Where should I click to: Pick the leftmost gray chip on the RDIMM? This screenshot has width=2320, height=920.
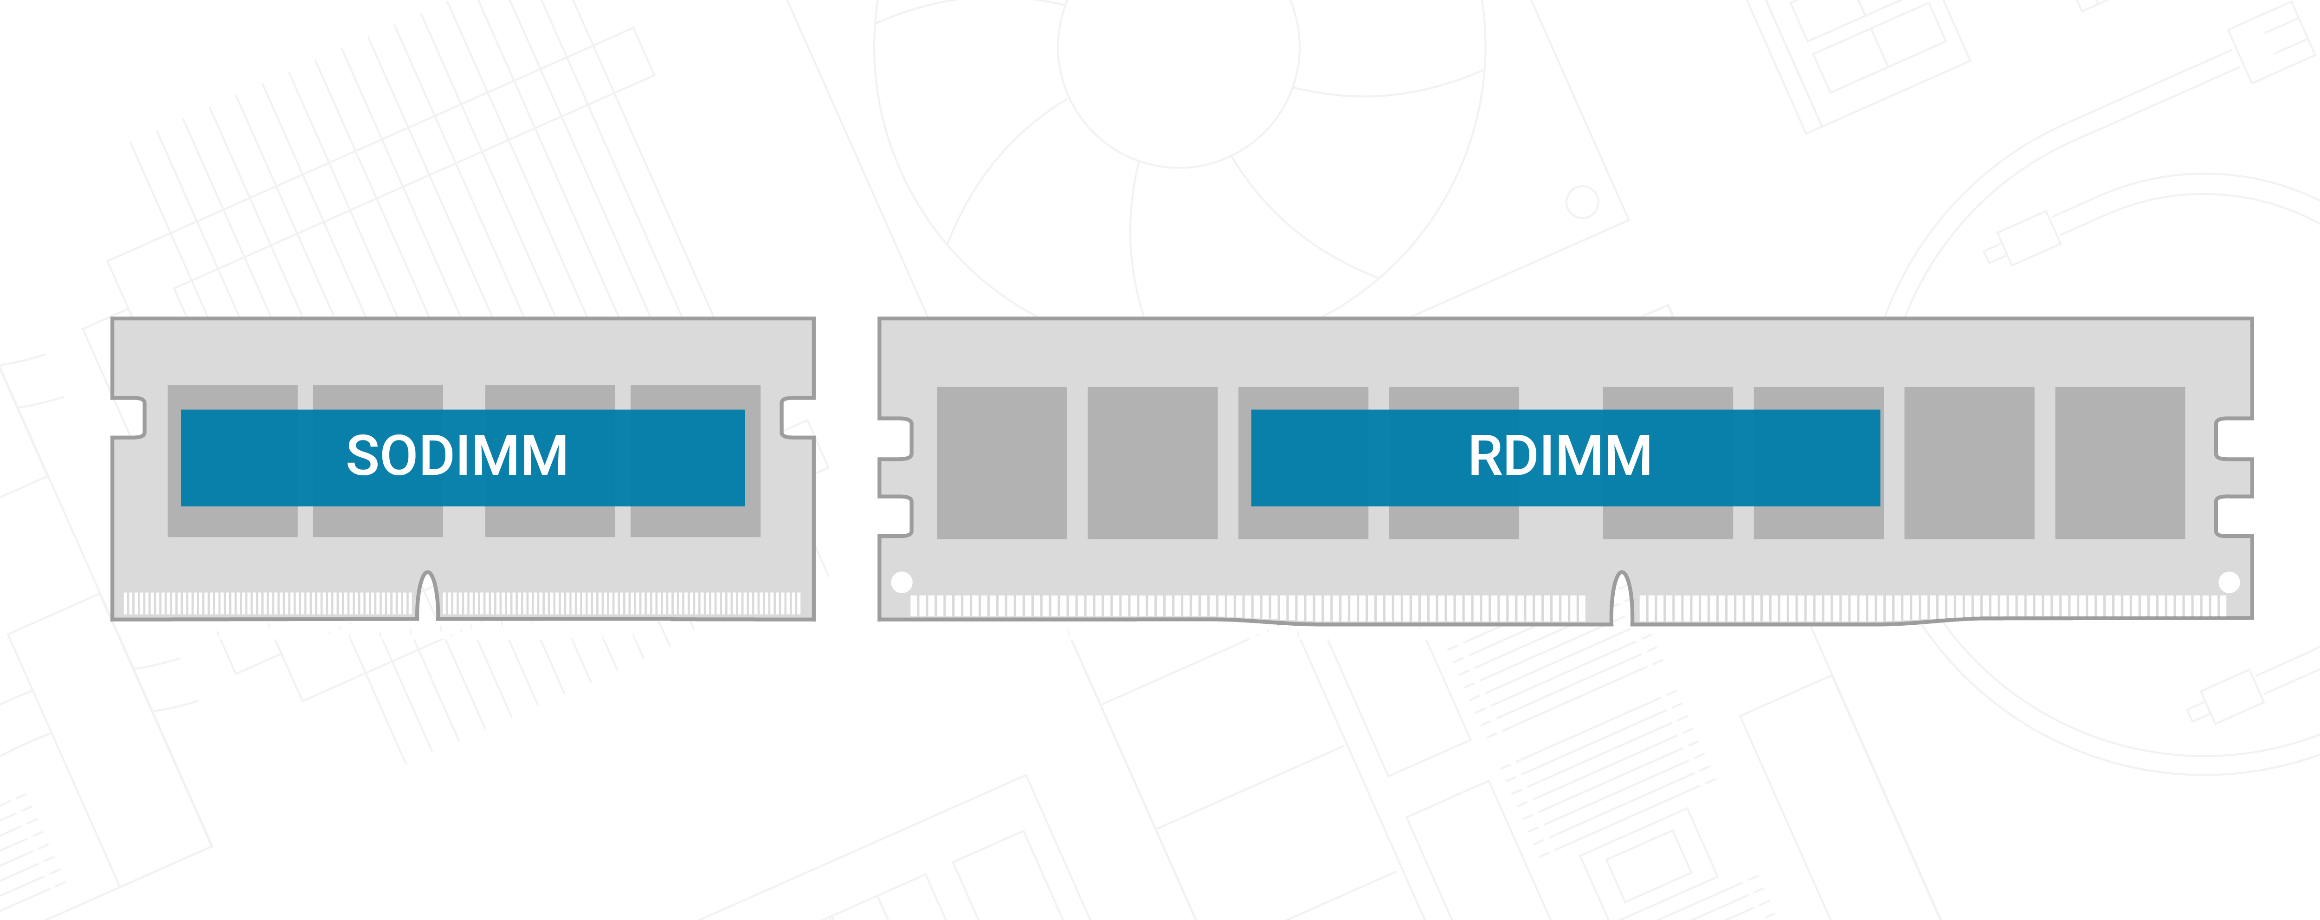1001,463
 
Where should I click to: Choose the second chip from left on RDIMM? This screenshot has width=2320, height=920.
1152,463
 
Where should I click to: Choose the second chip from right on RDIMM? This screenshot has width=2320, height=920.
1969,463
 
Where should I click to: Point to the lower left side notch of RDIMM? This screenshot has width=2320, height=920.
896,516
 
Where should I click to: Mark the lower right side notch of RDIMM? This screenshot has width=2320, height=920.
2234,516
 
